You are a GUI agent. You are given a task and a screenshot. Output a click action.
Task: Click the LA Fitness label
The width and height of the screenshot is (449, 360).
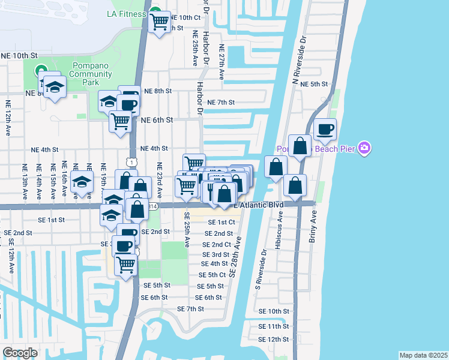pyautogui.click(x=126, y=14)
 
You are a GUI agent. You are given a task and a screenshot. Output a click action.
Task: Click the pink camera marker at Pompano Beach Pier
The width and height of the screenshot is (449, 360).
pyautogui.click(x=364, y=148)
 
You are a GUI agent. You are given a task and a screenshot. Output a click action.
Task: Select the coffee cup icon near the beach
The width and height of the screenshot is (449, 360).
pyautogui.click(x=325, y=129)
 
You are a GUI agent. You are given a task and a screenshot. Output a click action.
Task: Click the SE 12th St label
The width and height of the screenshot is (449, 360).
pyautogui.click(x=274, y=340)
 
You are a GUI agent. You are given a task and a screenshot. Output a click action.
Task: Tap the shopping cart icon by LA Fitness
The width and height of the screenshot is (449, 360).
pyautogui.click(x=160, y=23)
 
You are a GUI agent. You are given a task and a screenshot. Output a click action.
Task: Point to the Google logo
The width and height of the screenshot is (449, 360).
pyautogui.click(x=20, y=352)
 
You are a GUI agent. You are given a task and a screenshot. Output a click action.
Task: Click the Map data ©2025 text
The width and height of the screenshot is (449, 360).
pyautogui.click(x=423, y=355)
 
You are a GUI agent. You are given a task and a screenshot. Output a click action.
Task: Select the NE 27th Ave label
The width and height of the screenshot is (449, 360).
pyautogui.click(x=221, y=62)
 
